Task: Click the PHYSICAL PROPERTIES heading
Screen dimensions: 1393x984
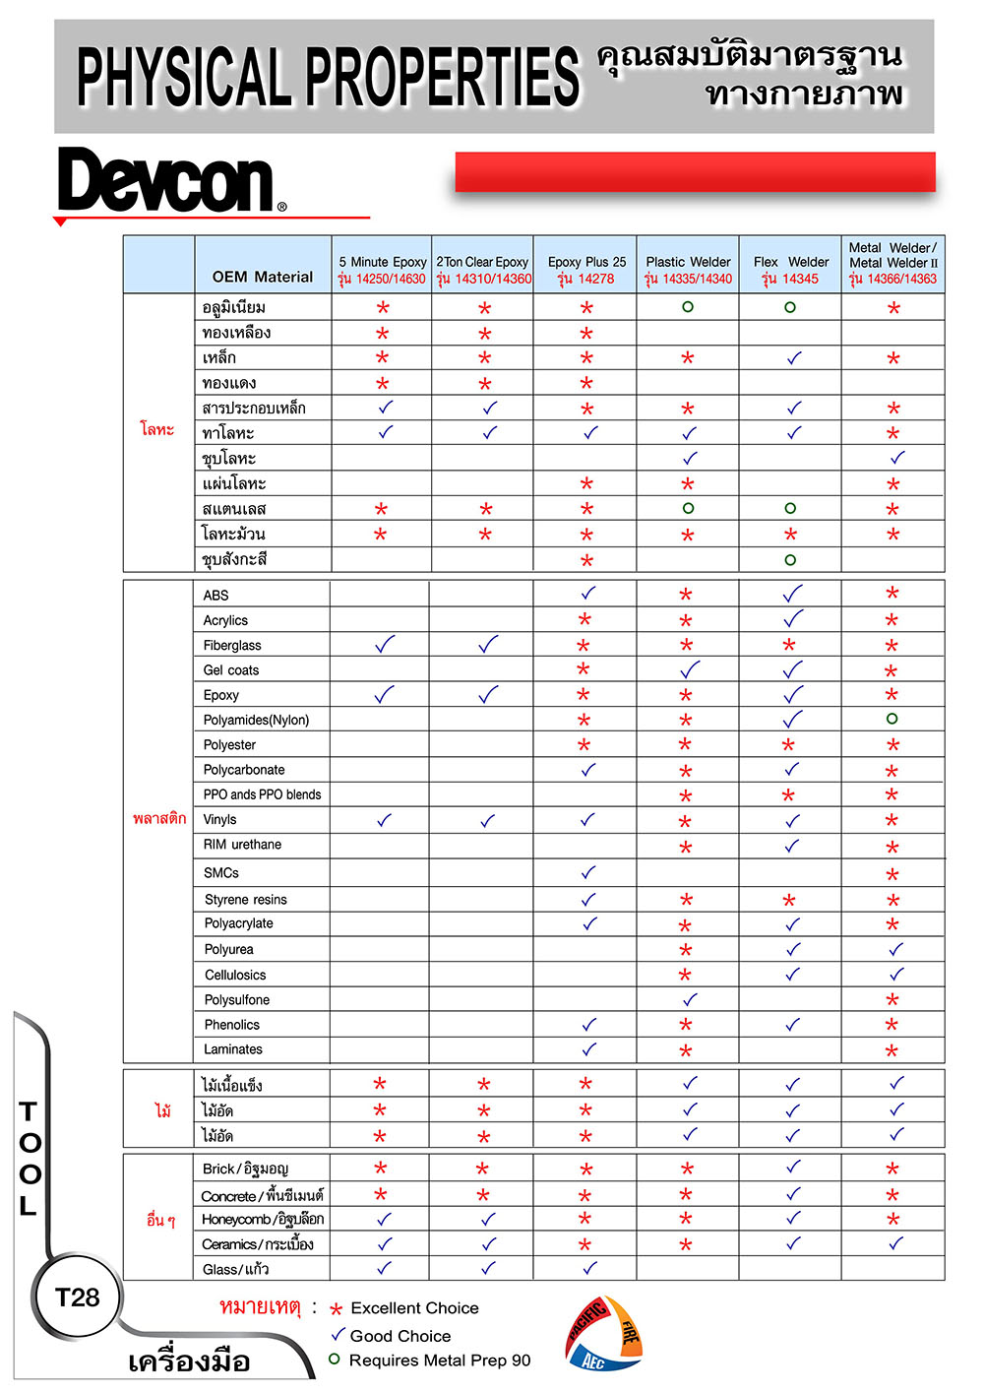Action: click(329, 77)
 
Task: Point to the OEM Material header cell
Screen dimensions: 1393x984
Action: click(262, 277)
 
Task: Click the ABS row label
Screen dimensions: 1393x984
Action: click(215, 596)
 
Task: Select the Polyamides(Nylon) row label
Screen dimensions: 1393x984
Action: click(256, 720)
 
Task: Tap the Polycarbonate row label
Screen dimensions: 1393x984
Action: click(244, 770)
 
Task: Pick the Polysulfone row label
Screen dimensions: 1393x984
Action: click(236, 999)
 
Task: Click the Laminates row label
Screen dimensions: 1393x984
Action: click(233, 1049)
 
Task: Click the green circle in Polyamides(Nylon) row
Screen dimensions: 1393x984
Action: click(892, 719)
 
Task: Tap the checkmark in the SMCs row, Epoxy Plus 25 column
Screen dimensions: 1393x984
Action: click(588, 872)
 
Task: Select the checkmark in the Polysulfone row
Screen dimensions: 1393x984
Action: click(690, 999)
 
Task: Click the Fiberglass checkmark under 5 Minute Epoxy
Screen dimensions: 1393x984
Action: click(384, 645)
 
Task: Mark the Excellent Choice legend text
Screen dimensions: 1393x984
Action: click(414, 1308)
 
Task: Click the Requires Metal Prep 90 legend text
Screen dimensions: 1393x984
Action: click(439, 1361)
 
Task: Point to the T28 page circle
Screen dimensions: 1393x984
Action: click(77, 1298)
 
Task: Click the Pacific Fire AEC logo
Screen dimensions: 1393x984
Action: click(603, 1334)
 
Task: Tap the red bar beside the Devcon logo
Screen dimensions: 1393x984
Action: click(695, 172)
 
